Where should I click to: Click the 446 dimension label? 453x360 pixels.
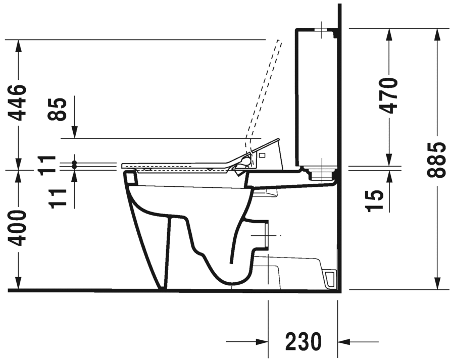tap(19, 103)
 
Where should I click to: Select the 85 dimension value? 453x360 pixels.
tap(59, 109)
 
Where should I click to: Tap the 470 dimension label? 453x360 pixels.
tap(389, 95)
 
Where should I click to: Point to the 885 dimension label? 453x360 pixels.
tap(435, 160)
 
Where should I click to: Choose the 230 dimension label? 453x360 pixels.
tap(303, 342)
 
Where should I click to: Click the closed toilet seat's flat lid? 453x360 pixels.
tap(177, 165)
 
